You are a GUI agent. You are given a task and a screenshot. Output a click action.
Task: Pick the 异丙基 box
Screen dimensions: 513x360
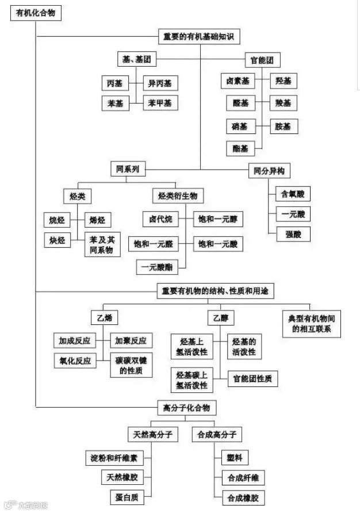(x=160, y=83)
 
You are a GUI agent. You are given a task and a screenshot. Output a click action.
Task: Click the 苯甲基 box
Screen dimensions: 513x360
(x=160, y=103)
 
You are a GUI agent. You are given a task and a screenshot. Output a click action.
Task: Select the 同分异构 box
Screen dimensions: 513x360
(x=269, y=171)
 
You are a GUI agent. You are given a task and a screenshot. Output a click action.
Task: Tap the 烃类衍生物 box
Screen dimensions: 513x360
(x=178, y=196)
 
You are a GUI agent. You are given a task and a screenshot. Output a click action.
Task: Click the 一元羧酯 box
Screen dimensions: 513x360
(x=156, y=266)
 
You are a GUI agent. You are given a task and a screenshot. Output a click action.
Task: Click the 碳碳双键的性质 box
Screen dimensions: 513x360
(x=131, y=366)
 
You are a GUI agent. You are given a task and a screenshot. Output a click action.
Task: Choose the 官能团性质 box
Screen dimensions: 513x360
(x=253, y=379)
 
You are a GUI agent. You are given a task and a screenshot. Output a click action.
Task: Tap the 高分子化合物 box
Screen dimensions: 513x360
(x=186, y=408)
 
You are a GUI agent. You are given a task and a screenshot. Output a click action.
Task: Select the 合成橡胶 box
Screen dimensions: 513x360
(x=243, y=497)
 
